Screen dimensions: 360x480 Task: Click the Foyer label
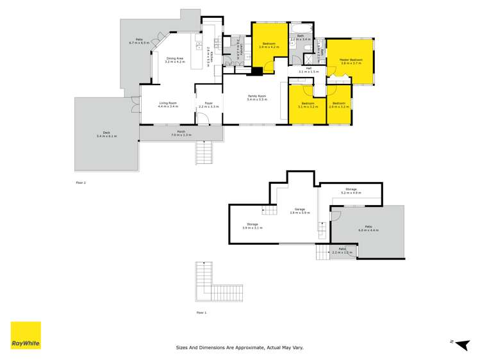[209, 104]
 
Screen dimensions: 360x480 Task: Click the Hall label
[308, 70]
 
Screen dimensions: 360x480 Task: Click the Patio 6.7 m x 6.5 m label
[139, 41]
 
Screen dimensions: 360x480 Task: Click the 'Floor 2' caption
[80, 183]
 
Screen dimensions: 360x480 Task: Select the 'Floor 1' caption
[201, 313]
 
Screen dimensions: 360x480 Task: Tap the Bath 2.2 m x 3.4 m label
[300, 38]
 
